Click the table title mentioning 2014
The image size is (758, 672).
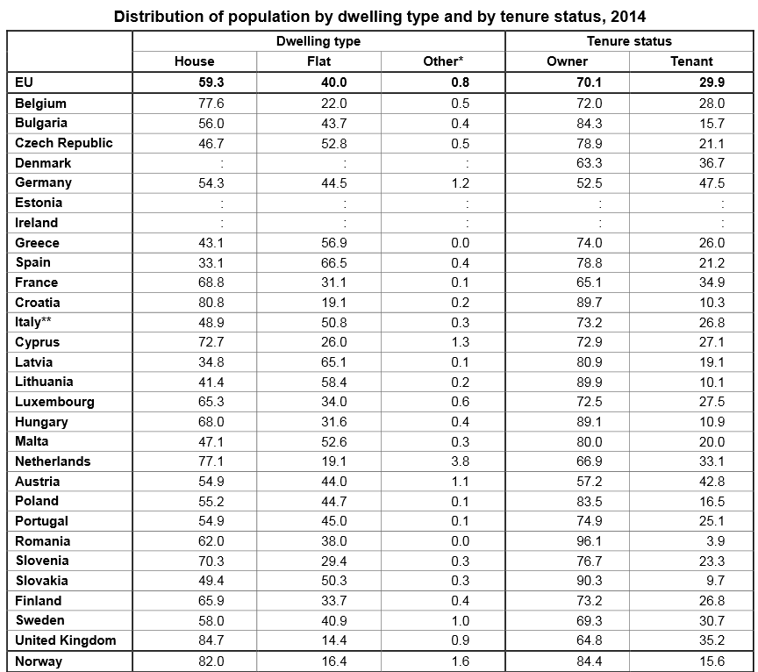tap(379, 17)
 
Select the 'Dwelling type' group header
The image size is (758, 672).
tap(318, 41)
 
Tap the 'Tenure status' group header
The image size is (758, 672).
tap(629, 41)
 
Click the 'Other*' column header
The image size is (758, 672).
tap(442, 61)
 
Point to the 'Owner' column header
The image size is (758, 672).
tap(567, 61)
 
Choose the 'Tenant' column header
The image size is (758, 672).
tap(691, 61)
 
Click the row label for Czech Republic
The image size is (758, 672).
tap(64, 143)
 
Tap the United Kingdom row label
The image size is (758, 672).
tap(66, 640)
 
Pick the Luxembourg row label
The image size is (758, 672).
tap(54, 402)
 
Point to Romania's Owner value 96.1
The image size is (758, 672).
tap(587, 541)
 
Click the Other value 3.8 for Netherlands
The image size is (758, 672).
tap(460, 461)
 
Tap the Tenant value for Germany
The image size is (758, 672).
tap(712, 183)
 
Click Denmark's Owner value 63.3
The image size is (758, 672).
tap(587, 163)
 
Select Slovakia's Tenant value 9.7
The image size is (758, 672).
tap(715, 581)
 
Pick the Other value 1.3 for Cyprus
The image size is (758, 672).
tap(460, 342)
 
